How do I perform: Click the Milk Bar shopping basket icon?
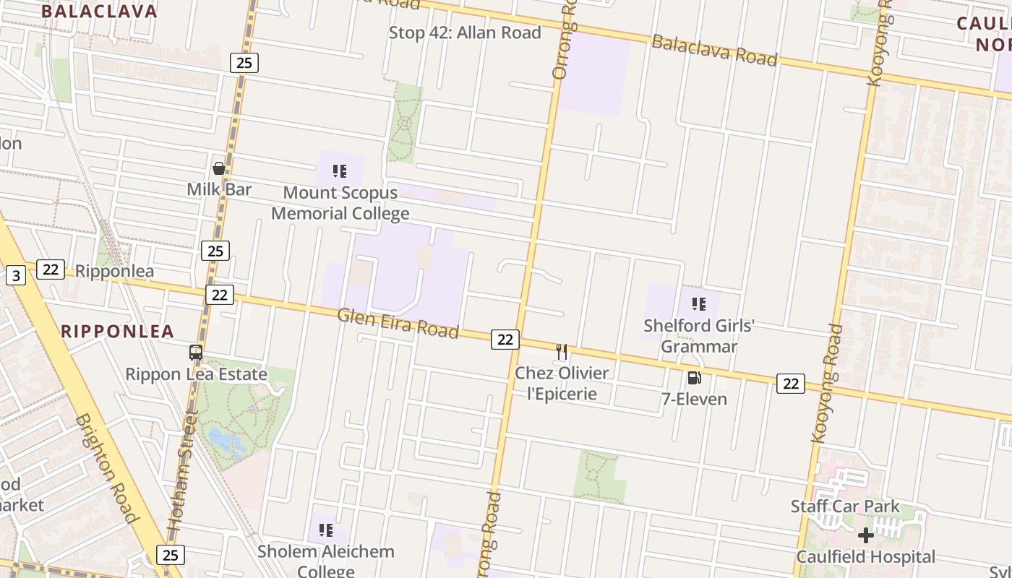pyautogui.click(x=219, y=168)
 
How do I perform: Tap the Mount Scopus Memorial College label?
pyautogui.click(x=340, y=203)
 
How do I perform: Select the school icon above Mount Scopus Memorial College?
pyautogui.click(x=340, y=171)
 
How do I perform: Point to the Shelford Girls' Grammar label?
pyautogui.click(x=699, y=336)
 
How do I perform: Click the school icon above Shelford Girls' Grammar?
pyautogui.click(x=698, y=304)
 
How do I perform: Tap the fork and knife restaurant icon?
pyautogui.click(x=562, y=352)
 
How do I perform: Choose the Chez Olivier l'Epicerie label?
pyautogui.click(x=561, y=383)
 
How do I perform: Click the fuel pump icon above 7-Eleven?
pyautogui.click(x=694, y=378)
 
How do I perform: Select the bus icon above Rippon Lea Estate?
pyautogui.click(x=196, y=353)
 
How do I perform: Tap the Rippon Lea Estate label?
pyautogui.click(x=196, y=374)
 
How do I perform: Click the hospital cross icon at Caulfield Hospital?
pyautogui.click(x=865, y=535)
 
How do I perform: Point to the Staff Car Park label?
pyautogui.click(x=845, y=506)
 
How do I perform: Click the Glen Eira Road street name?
pyautogui.click(x=398, y=323)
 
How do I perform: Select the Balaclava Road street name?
pyautogui.click(x=714, y=50)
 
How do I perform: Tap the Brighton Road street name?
pyautogui.click(x=107, y=467)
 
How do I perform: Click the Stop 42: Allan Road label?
pyautogui.click(x=465, y=33)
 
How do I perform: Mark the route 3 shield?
pyautogui.click(x=15, y=275)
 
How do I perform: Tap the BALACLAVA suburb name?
pyautogui.click(x=99, y=11)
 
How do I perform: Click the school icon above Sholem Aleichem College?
pyautogui.click(x=326, y=531)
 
